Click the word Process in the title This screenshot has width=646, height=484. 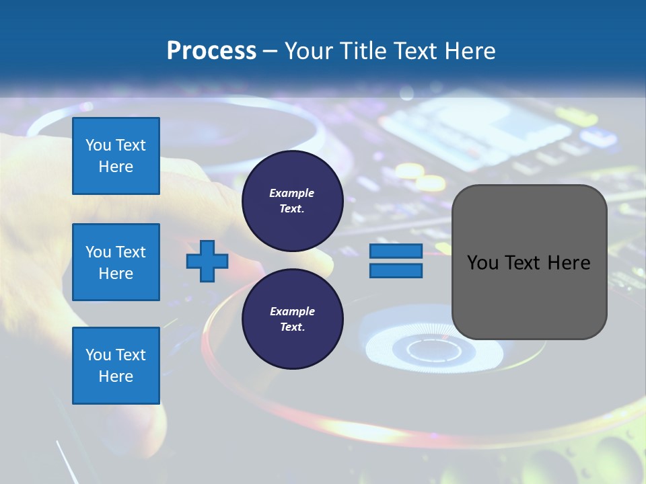211,51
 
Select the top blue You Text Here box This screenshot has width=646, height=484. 116,156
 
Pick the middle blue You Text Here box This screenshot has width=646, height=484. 116,262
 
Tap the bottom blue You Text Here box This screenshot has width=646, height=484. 116,365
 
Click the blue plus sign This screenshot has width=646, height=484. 207,261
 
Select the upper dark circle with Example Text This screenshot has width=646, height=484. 292,201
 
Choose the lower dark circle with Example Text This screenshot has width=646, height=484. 292,319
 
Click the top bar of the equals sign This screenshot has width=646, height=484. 396,251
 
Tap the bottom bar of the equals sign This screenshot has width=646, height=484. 396,271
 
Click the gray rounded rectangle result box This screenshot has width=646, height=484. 529,296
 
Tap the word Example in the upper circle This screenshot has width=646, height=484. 292,193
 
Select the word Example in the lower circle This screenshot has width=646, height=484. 292,311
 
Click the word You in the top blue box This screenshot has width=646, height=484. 98,145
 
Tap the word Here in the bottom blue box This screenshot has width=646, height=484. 116,376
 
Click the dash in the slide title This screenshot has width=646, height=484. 271,51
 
